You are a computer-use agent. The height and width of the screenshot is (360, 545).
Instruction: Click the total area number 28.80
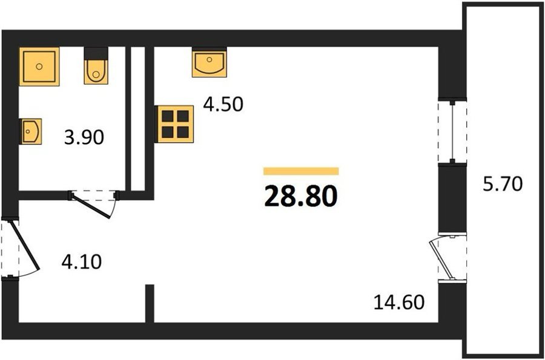tap(300, 196)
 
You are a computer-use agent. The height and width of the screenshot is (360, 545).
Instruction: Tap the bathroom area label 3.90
tap(84, 137)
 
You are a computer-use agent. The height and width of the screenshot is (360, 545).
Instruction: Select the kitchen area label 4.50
tap(223, 104)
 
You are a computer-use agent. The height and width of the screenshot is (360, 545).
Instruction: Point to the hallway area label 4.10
tap(82, 261)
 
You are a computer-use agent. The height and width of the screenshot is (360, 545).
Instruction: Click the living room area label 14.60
tap(399, 302)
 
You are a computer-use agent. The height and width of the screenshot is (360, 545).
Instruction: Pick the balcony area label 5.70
tap(503, 184)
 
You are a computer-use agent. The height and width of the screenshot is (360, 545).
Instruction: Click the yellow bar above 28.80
tap(301, 171)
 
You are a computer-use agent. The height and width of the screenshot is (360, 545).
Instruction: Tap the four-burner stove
tap(175, 124)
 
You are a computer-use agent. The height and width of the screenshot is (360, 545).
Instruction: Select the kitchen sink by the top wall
tap(210, 62)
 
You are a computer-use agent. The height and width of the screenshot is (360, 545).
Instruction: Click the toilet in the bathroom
tap(96, 71)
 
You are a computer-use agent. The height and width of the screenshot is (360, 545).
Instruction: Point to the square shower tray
tap(39, 67)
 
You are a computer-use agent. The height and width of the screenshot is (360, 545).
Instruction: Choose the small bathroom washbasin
tap(31, 131)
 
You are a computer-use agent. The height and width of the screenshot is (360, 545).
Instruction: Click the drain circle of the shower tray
tap(39, 67)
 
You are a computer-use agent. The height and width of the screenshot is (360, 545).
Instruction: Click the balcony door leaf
tap(441, 258)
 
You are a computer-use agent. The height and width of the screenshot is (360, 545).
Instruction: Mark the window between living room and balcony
tap(452, 131)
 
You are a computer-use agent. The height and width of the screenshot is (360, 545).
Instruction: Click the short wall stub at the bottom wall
tap(150, 303)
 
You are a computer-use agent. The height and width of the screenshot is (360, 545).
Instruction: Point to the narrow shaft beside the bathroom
tap(137, 119)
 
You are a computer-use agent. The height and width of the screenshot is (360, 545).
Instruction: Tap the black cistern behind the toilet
tap(96, 53)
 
